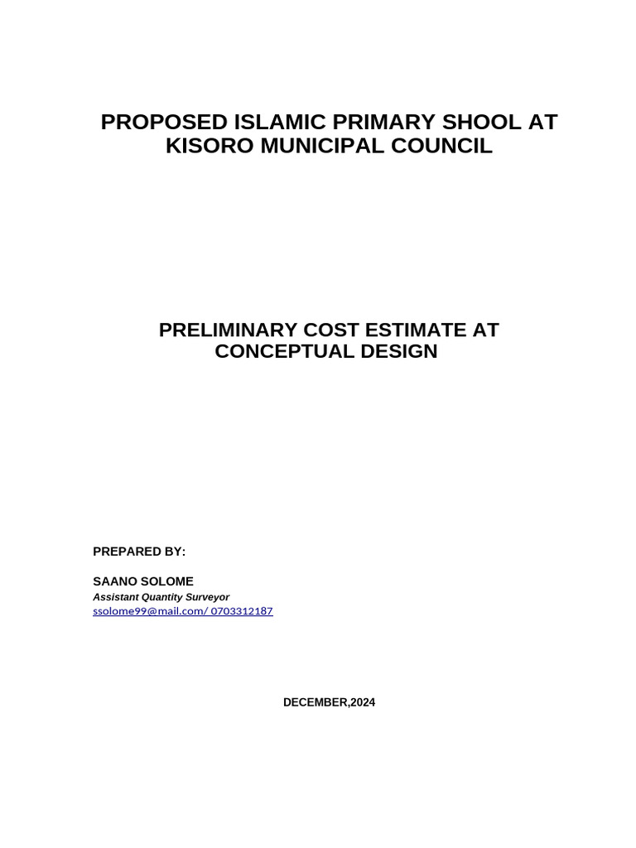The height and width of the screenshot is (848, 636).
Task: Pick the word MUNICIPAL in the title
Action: [324, 147]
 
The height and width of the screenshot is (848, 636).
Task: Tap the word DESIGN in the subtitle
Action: [398, 351]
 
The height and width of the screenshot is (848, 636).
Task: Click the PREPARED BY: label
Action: [139, 552]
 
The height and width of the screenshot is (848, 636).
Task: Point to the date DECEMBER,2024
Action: [329, 702]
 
